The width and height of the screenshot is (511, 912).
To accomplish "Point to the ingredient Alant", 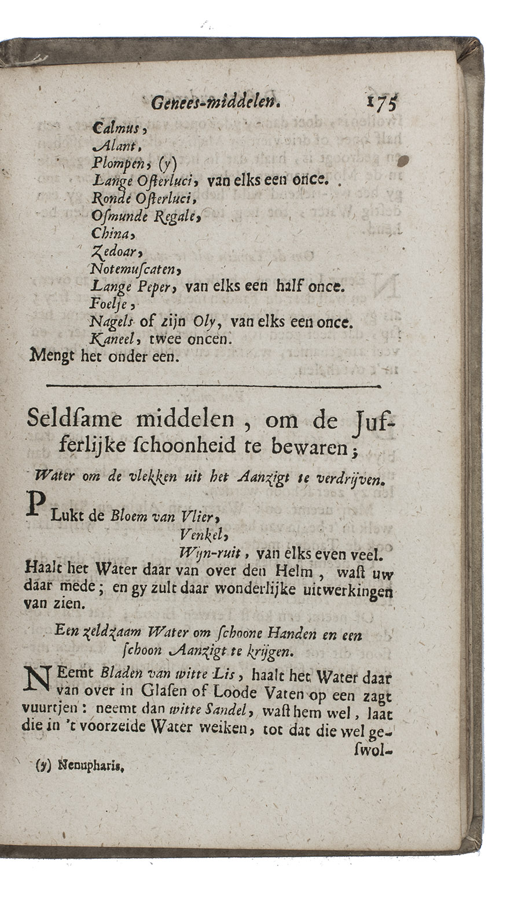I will click(x=109, y=146).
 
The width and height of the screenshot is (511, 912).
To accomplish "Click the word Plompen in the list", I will click(x=117, y=164).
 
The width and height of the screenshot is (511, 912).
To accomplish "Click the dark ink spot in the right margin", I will click(x=405, y=160).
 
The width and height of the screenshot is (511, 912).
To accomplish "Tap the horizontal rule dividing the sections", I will click(x=213, y=386).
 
